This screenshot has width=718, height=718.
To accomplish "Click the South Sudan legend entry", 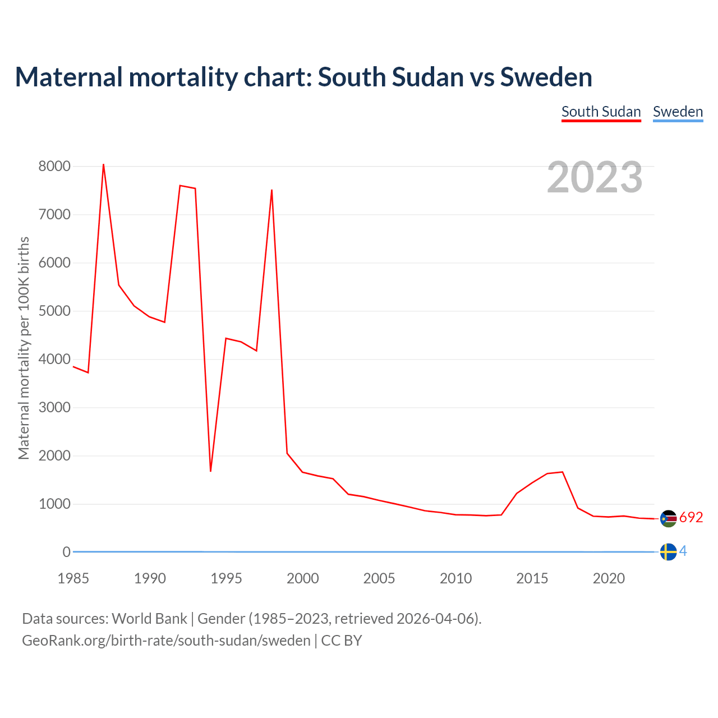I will [x=601, y=112].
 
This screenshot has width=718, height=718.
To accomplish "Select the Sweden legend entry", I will [x=678, y=112].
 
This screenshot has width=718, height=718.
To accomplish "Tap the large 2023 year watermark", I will [x=595, y=177].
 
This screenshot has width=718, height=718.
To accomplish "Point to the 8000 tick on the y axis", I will [x=54, y=166].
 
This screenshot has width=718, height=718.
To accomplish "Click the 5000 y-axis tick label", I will [x=54, y=311].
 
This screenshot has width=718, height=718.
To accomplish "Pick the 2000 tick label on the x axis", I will [x=302, y=578].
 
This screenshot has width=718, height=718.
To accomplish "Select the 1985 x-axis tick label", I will [x=73, y=578].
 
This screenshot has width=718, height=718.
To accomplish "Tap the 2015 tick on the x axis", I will [x=532, y=578].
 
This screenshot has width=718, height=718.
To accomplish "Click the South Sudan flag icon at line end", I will [x=668, y=518].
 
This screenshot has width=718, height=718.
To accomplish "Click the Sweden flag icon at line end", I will [x=668, y=552].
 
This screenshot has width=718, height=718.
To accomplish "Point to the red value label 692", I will [x=691, y=518].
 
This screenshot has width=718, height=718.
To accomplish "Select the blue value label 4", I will [x=683, y=551].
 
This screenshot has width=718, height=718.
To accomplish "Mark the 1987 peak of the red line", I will [x=103, y=164].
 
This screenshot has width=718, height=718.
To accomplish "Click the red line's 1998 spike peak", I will [x=271, y=190].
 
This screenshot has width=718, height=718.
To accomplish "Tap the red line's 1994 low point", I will [x=210, y=471].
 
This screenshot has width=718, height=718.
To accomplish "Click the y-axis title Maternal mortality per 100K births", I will [x=24, y=348].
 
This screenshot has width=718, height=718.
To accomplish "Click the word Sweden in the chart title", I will [x=546, y=77].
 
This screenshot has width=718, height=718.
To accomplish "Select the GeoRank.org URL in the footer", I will [x=166, y=640].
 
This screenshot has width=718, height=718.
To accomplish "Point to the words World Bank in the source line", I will [x=149, y=619].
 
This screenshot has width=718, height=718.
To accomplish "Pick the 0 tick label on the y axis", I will [x=67, y=552].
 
